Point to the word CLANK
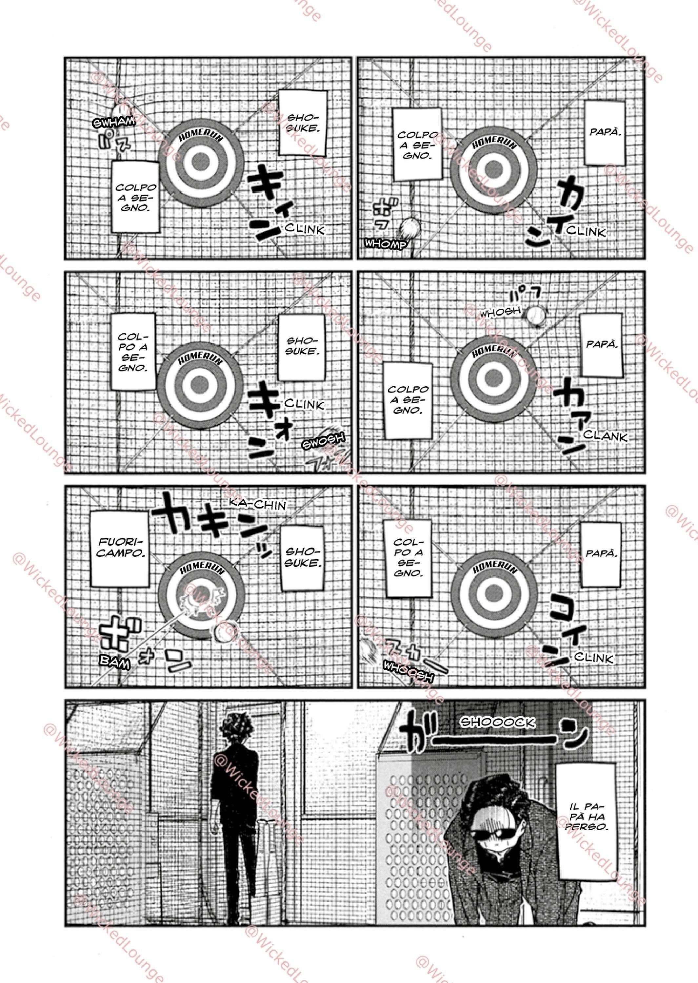click(606, 436)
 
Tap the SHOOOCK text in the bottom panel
click(497, 723)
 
